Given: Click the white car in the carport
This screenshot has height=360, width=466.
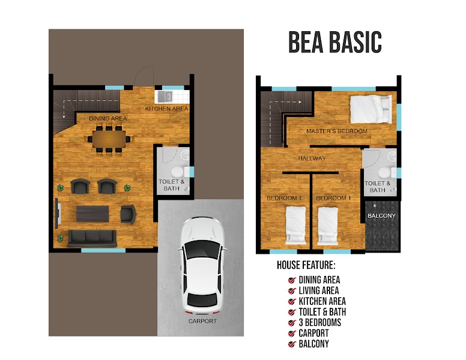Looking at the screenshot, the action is [203, 265].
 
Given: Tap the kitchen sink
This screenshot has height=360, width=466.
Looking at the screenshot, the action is [165, 96].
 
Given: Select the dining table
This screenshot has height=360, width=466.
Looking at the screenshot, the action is [109, 139].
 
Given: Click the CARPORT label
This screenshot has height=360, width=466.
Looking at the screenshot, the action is [202, 321].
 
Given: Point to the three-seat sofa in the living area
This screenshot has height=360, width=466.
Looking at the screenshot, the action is [92, 238].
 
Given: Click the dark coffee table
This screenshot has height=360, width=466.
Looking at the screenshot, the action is [92, 214].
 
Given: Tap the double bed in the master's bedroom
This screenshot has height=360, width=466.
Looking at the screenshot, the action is [371, 109].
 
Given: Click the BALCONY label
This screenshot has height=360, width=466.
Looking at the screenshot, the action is [381, 215].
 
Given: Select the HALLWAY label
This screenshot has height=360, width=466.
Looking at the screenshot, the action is [312, 158].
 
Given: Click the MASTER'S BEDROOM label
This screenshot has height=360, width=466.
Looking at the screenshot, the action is [337, 131].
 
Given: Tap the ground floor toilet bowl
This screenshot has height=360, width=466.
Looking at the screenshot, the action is [178, 172].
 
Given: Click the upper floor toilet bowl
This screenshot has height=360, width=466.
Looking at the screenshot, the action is [384, 173].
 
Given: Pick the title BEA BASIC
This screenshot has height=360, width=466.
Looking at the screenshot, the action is [335, 42].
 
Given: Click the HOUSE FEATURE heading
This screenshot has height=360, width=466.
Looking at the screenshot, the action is [306, 265].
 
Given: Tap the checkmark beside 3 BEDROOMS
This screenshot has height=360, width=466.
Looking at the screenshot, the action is [292, 323].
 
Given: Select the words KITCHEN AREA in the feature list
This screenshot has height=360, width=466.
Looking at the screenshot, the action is [322, 301].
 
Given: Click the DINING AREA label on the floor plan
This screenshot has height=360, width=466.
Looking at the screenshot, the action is [108, 119].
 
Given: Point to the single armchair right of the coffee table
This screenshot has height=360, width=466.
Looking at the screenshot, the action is [128, 214].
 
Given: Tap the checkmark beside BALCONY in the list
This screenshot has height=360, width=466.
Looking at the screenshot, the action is [292, 344].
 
